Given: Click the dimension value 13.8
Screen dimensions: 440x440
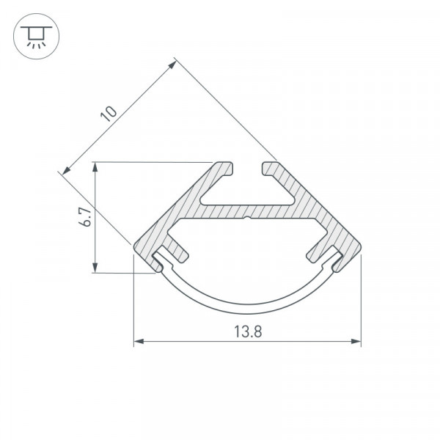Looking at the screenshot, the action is [x=248, y=331].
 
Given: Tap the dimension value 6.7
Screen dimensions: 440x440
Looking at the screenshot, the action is [x=85, y=216].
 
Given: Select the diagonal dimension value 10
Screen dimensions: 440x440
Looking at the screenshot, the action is [x=109, y=114].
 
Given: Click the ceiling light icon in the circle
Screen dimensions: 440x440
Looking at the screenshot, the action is [x=36, y=37].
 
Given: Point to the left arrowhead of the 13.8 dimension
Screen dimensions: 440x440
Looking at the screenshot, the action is [x=139, y=341].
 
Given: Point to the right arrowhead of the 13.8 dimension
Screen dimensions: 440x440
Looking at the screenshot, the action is [x=356, y=341].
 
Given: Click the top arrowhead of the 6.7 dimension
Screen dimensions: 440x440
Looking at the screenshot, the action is [x=95, y=167].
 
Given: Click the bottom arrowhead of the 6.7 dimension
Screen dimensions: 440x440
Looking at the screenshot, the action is [x=95, y=268].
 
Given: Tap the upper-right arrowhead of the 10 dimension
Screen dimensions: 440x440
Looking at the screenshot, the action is [x=172, y=65].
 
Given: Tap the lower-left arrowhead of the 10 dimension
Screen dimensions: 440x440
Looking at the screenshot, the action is [x=66, y=171].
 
